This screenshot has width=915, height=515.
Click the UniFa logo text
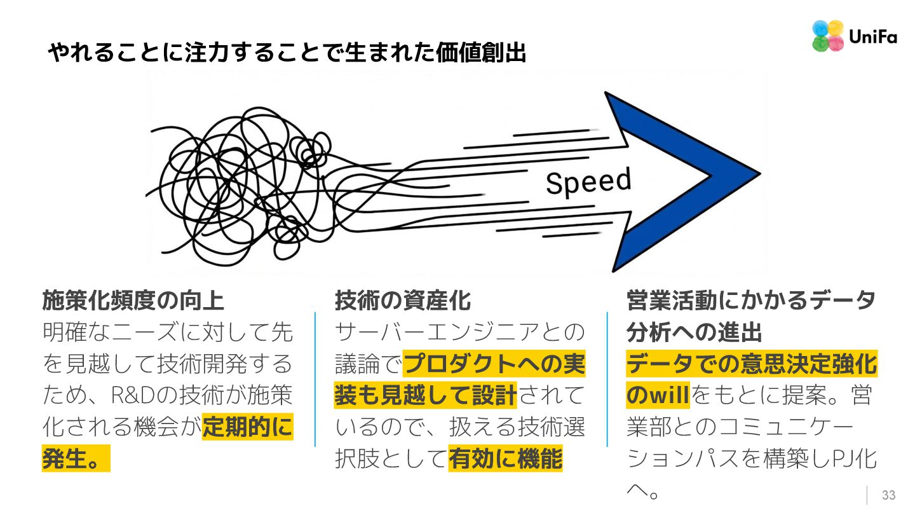872,37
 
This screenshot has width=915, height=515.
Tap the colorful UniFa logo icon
828,36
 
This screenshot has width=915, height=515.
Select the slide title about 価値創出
288,53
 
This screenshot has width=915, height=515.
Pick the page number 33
888,495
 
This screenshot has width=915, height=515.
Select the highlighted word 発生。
75,459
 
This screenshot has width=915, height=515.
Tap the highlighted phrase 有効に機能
506,459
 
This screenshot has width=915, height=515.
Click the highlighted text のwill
658,395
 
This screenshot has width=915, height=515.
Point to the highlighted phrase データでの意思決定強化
752,364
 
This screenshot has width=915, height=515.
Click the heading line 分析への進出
695,332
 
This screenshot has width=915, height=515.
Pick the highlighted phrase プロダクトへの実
494,364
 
